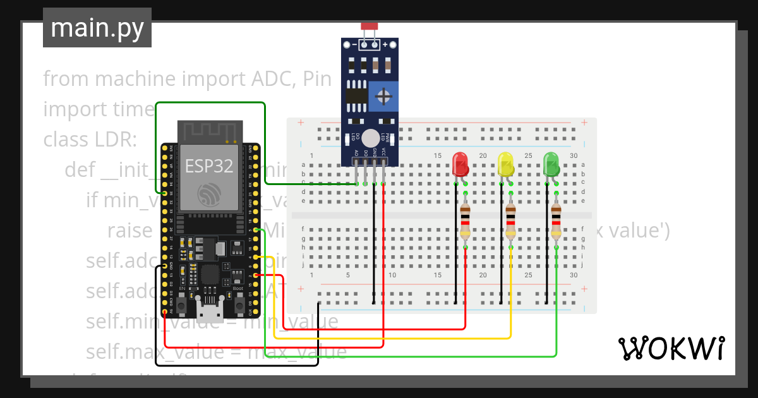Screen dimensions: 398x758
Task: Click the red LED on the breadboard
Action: coord(460,164)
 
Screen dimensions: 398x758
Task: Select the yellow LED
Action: coord(505,164)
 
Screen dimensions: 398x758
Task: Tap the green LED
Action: coord(551,164)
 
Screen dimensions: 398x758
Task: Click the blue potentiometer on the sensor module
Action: coord(383,97)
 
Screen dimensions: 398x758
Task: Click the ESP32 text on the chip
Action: coord(208,166)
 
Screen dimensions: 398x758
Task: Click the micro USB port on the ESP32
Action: coord(208,311)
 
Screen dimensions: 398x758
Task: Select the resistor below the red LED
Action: coord(466,220)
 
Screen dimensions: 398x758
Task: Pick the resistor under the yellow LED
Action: coord(510,220)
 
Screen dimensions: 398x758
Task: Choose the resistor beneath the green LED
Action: coord(556,220)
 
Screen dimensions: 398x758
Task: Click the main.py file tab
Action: coord(97,28)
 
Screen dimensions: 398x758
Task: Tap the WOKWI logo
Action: coord(671,348)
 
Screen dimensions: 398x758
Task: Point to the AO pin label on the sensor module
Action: coord(357,153)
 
